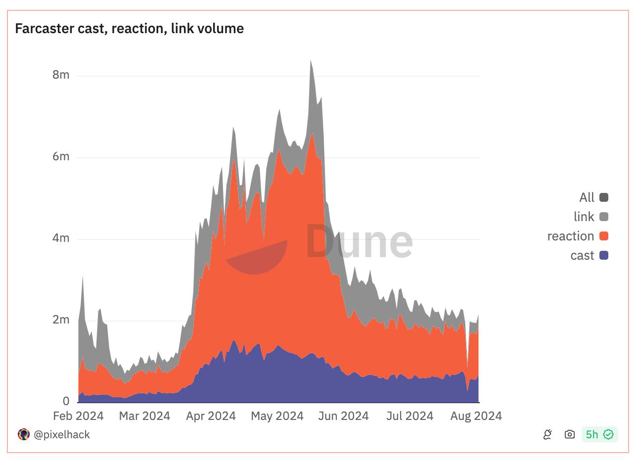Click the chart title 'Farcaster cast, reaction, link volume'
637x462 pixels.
pos(129,29)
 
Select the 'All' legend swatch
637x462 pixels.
pos(603,197)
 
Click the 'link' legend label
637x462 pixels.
pos(584,217)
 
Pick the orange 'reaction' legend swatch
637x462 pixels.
pos(603,236)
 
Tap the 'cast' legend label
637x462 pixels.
pos(582,255)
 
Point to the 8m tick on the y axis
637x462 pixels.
pos(61,75)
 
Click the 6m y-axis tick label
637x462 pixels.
pos(61,156)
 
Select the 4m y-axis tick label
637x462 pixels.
pos(61,238)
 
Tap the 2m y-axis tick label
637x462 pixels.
pos(61,320)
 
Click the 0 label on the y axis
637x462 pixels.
pos(66,401)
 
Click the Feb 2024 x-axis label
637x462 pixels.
pos(78,416)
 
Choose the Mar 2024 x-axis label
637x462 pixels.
pos(144,416)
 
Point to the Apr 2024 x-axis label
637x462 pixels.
pos(211,416)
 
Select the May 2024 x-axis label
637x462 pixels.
pos(277,416)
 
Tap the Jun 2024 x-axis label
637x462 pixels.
pos(343,416)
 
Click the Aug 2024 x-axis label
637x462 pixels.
pos(476,416)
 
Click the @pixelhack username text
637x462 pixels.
pos(61,434)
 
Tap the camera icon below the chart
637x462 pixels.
pos(569,434)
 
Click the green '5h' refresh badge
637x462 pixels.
pos(599,434)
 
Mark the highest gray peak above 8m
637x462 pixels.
pos(311,61)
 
